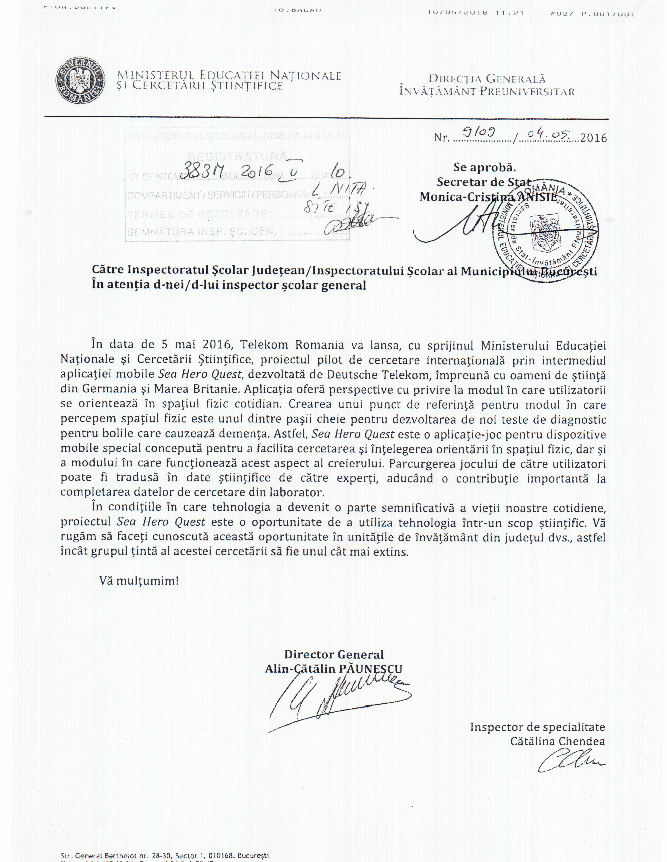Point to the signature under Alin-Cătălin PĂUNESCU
pyautogui.click(x=340, y=701)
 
